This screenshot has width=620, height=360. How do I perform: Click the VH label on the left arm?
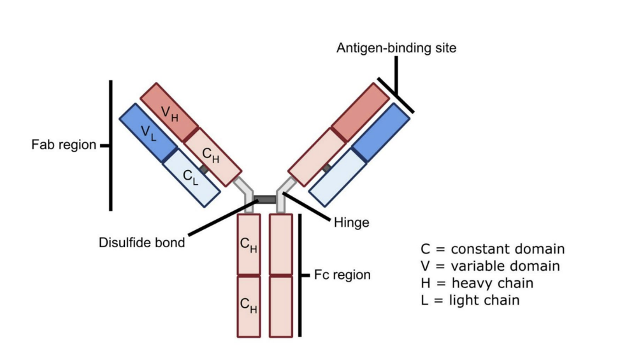coord(169,113)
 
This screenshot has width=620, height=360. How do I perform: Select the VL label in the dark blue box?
coord(148,133)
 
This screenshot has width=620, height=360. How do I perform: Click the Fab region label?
coord(63,145)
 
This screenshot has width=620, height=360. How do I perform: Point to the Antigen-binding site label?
coord(396,48)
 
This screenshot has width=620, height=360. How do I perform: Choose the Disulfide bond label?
coord(141,242)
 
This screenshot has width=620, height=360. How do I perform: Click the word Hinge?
coord(351,223)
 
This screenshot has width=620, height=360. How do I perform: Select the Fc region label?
coord(342,275)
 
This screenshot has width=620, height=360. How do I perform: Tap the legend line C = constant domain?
coord(493,249)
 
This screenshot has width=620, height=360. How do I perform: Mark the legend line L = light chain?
coord(470,300)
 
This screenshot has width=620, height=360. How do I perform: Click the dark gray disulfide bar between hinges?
coord(266,199)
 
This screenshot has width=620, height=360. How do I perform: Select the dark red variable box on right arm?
coord(360,112)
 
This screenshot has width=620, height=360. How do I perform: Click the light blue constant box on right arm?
coord(338,178)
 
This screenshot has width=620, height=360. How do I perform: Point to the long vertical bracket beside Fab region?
coord(111,145)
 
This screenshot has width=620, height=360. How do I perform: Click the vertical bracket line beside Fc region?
coord(299,275)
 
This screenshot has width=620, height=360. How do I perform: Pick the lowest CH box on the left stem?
coord(249,306)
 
